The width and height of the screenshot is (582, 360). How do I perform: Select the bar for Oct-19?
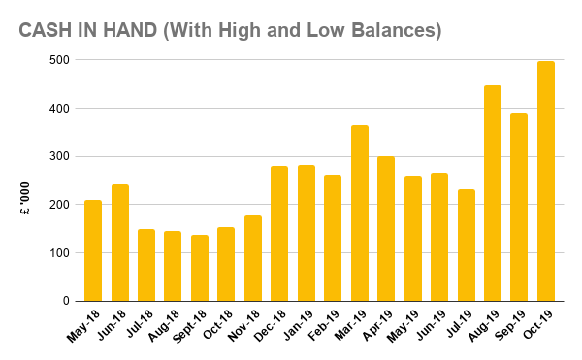point(546,181)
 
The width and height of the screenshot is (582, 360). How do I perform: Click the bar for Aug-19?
point(493,193)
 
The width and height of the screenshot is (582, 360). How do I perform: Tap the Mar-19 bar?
point(360,213)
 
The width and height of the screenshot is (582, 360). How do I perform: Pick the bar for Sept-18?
point(200,268)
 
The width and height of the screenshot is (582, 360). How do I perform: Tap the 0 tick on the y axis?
point(64,301)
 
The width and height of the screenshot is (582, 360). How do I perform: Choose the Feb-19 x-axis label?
point(326,326)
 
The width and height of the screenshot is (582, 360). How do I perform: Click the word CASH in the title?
point(47,30)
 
